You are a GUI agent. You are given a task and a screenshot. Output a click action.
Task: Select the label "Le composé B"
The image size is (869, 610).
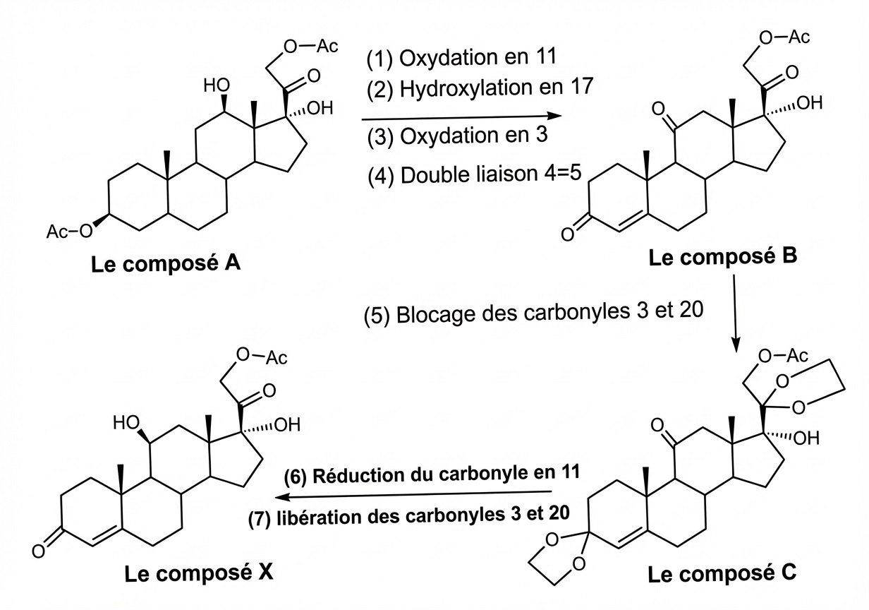(723, 258)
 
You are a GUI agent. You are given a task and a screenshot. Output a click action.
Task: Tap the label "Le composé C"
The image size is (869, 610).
(723, 575)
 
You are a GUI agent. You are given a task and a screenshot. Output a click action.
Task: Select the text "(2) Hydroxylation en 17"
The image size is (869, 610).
(478, 89)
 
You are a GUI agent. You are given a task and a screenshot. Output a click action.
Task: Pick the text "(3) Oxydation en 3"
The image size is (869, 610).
(456, 136)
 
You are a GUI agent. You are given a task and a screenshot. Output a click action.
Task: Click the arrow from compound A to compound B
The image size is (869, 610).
(455, 116)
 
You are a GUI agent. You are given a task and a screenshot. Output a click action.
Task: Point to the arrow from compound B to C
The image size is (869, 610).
(736, 311)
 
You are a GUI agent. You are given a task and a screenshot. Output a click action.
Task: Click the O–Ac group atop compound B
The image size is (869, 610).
(786, 35)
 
